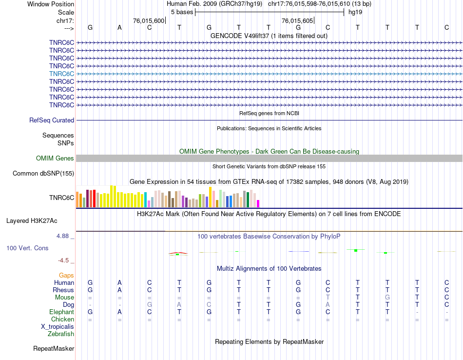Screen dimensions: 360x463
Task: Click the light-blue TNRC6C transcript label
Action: (61, 74)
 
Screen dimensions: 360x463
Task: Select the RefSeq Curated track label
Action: (52, 120)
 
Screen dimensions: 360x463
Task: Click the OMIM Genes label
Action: (55, 158)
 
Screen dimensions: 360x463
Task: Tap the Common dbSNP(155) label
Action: (43, 173)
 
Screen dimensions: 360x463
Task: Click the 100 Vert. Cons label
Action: (27, 248)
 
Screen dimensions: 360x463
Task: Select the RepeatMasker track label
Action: (54, 348)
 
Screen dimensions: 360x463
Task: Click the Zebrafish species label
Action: (61, 334)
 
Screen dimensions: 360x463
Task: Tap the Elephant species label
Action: (61, 312)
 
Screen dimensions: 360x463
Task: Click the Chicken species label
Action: (62, 319)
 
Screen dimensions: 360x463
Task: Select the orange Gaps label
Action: (66, 275)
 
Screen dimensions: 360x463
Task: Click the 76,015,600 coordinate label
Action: (149, 20)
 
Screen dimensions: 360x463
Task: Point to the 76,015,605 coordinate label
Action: (297, 20)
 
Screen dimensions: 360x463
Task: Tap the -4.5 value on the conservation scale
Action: (65, 260)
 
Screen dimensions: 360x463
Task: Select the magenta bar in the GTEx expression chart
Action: (258, 203)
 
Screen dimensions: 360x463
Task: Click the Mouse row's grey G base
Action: (387, 297)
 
